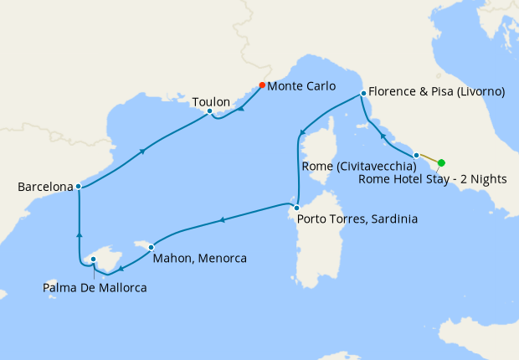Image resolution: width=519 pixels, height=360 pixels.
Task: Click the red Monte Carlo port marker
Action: coord(262,85)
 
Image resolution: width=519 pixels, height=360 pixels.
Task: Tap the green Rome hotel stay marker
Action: coord(441,163)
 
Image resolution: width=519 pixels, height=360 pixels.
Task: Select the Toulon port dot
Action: coord(209,111)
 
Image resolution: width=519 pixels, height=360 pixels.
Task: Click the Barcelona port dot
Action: coord(78,186)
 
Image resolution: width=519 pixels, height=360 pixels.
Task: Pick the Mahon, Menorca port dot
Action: coord(151,247)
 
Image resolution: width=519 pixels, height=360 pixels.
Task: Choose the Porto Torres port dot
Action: coord(295,207)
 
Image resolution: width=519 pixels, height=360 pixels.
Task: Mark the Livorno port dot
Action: coord(362,93)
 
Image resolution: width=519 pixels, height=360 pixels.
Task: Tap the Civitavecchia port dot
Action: coord(416,155)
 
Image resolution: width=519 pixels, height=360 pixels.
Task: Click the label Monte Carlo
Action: coord(301,85)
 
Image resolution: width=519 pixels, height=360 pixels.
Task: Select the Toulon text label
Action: coord(211,102)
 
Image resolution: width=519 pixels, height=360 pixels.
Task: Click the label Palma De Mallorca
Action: coord(95,289)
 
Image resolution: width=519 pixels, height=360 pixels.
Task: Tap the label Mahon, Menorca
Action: coord(199,259)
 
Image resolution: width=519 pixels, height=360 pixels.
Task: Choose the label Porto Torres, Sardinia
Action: coord(355,219)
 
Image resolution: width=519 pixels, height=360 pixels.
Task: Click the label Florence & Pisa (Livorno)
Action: coord(436,92)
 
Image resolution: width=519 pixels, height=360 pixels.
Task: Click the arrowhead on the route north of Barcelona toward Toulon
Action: coord(143,151)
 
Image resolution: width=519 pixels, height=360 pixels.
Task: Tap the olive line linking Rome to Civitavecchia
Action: coord(429,159)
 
